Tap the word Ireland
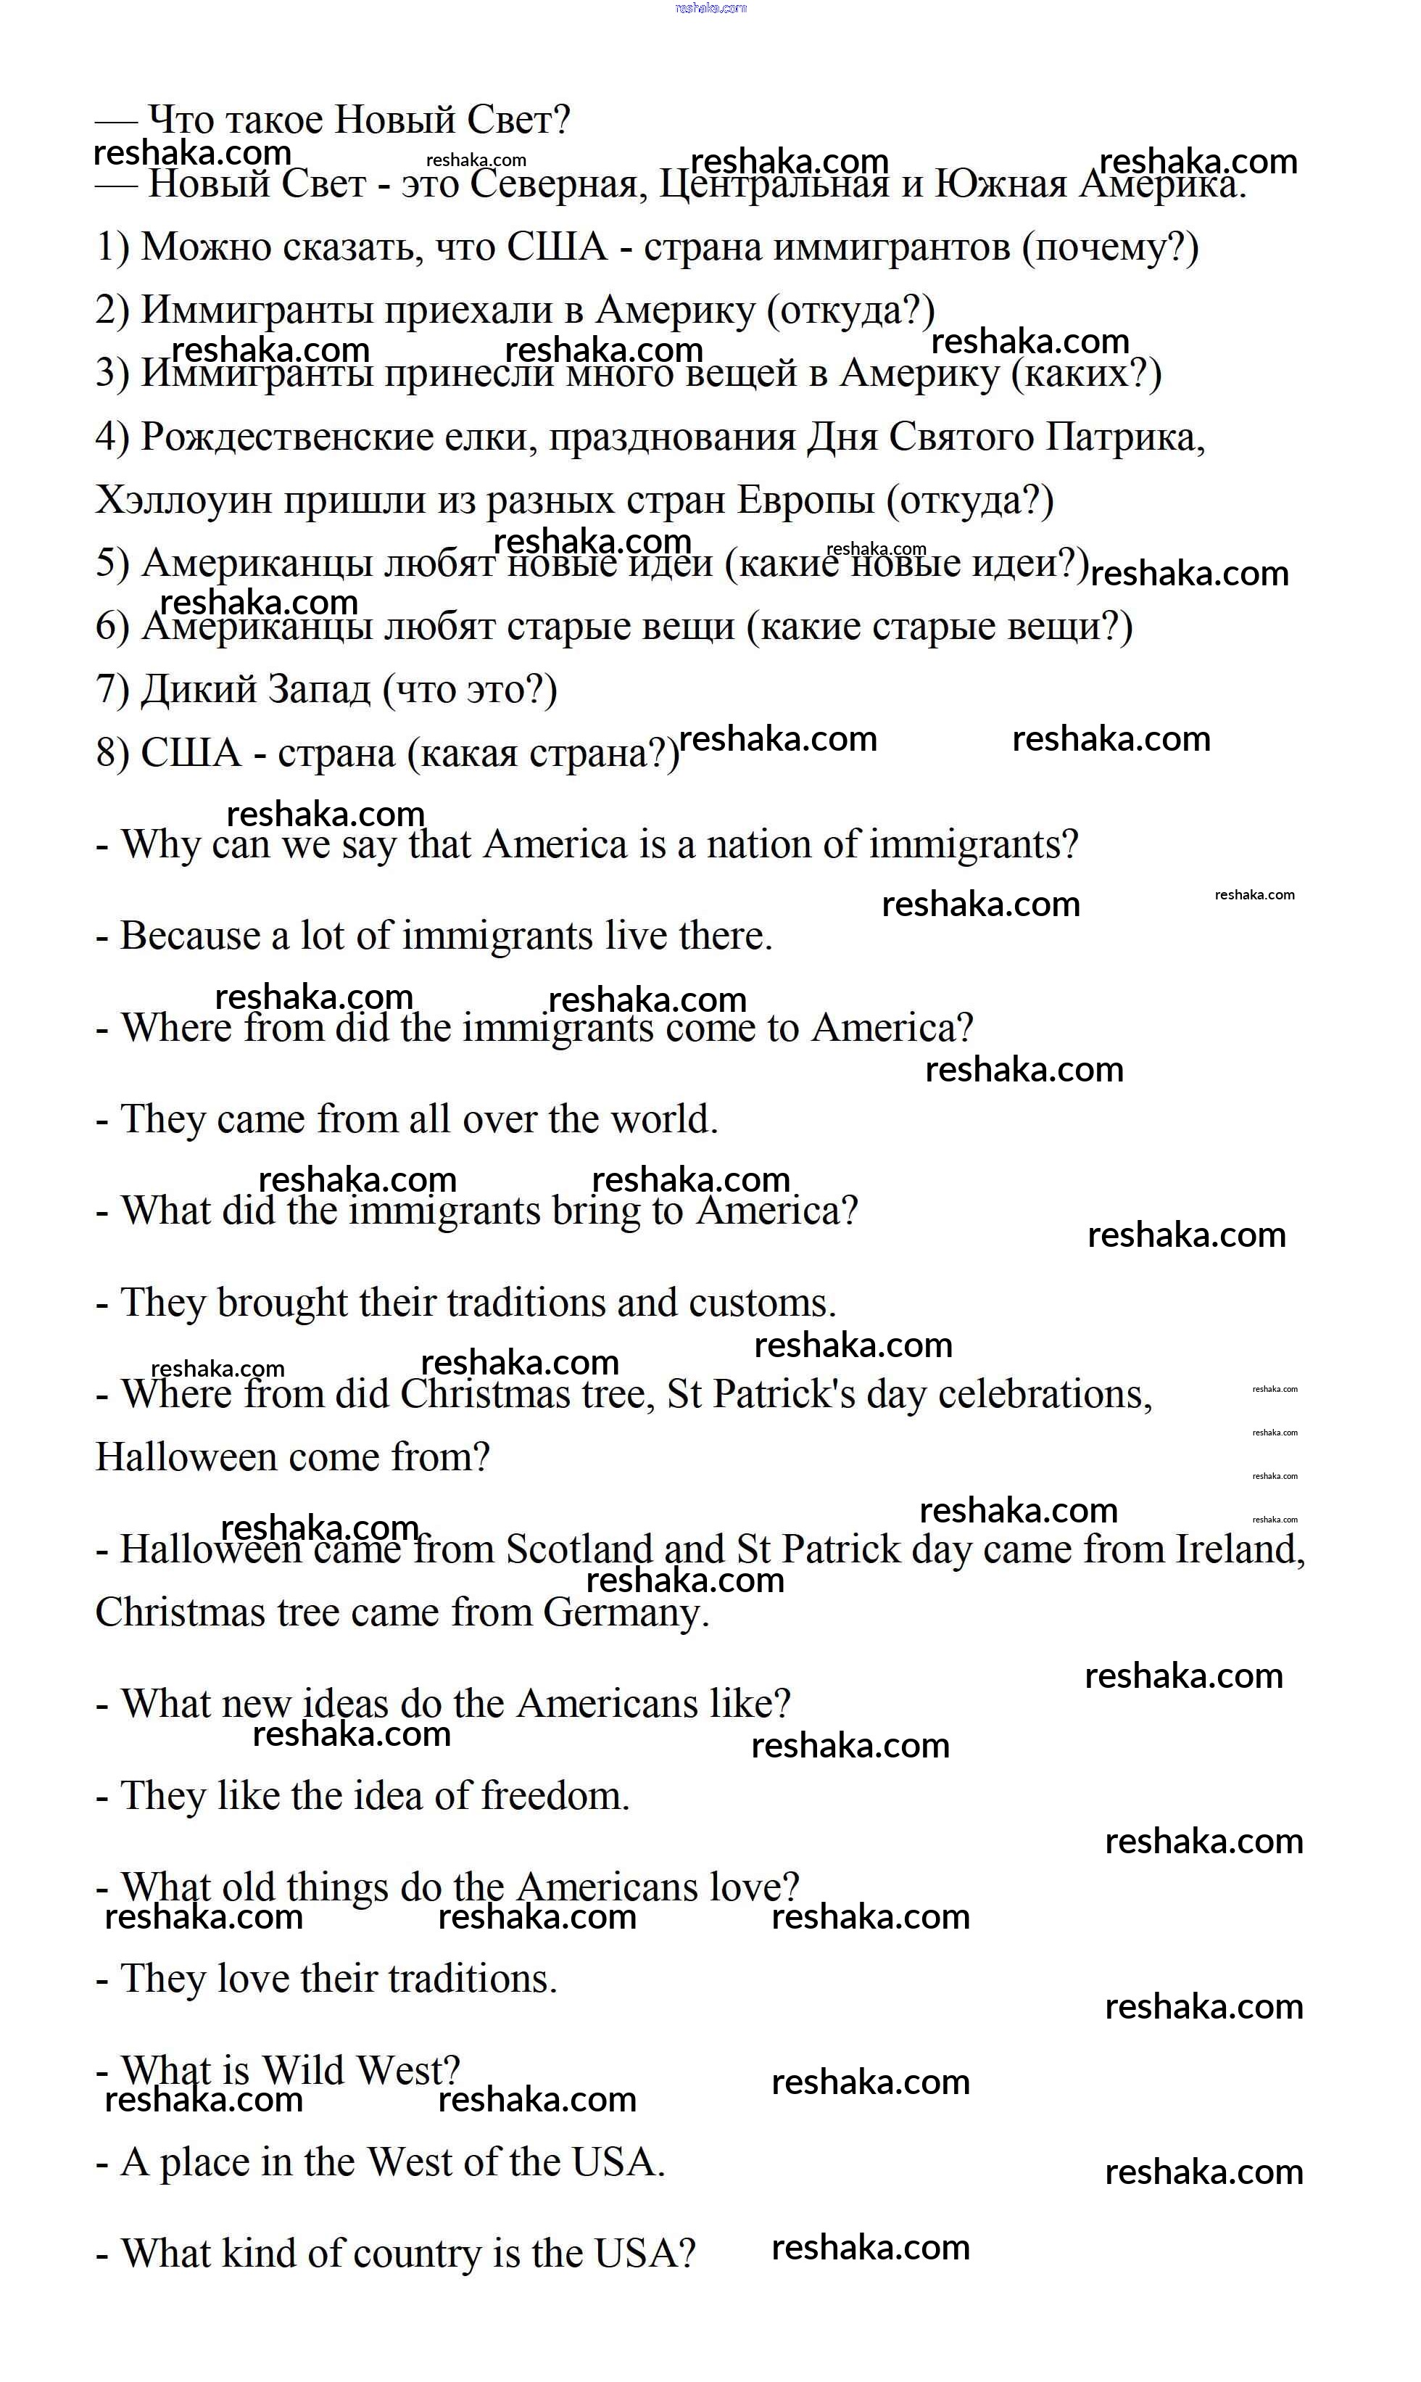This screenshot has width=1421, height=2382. tap(1238, 1550)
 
